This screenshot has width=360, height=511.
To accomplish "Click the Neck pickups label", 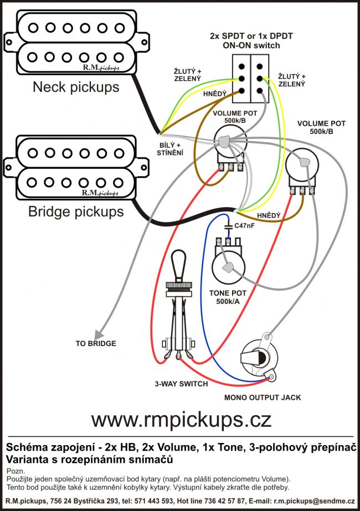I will (76, 87).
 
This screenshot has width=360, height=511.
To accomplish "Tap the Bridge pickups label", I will (76, 211).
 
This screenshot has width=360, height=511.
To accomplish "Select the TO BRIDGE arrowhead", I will (98, 333).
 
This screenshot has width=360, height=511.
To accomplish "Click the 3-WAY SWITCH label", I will (182, 384).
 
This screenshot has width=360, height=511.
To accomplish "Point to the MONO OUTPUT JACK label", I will (262, 398).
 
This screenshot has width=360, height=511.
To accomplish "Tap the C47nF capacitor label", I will (244, 226).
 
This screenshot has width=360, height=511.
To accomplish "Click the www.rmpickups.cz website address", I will (181, 419).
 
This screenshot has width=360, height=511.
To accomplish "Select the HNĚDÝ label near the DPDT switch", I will (215, 94).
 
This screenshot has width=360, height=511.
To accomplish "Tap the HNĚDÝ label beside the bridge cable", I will (269, 215).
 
